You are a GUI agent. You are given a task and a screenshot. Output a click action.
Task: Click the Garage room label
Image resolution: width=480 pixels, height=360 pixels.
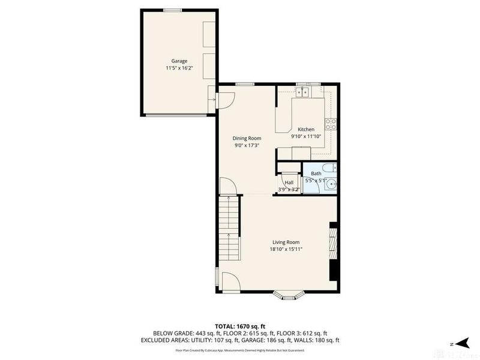click(179, 61)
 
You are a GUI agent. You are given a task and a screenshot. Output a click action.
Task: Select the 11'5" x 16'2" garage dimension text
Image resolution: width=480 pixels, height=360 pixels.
click(179, 68)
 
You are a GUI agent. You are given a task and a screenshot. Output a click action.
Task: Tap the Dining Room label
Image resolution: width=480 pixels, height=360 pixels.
click(247, 138)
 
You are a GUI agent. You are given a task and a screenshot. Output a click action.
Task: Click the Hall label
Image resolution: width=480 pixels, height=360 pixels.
click(289, 183)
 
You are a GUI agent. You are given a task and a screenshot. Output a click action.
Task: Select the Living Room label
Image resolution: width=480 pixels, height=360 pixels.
click(286, 242)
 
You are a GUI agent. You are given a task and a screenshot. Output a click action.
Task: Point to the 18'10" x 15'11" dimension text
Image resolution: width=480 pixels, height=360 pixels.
click(286, 250)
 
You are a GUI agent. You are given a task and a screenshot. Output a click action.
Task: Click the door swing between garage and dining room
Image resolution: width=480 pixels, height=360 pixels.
click(223, 100)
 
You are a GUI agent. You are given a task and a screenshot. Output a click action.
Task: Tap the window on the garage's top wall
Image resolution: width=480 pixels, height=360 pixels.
click(173, 10)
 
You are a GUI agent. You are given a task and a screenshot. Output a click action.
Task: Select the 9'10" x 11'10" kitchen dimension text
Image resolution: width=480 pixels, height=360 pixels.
click(306, 136)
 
